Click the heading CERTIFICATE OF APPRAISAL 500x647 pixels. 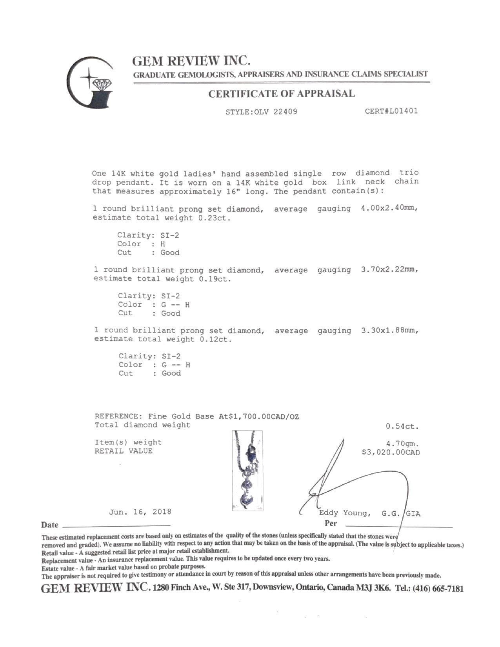coord(282,94)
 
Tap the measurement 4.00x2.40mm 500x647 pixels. coord(389,209)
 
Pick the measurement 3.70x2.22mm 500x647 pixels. coord(389,269)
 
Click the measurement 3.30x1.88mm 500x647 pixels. coord(389,330)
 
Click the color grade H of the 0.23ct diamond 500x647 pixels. coord(163,244)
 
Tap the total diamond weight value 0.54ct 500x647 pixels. coord(402,426)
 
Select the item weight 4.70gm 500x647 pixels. coord(402,444)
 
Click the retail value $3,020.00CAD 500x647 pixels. coord(391,453)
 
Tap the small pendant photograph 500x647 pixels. coord(247,471)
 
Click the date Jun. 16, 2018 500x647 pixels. coord(140,512)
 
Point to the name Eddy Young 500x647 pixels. coord(343,513)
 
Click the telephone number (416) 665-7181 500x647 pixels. coord(441,589)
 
